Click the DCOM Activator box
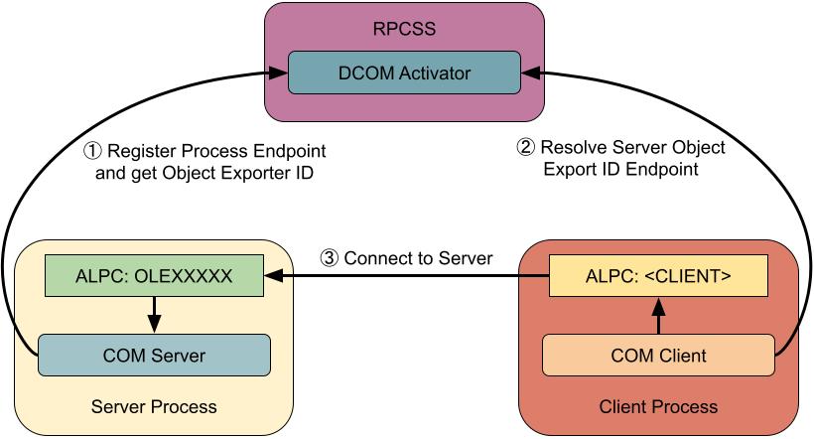[x=404, y=73]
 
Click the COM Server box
[x=154, y=355]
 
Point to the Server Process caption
[x=154, y=407]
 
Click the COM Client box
[x=660, y=355]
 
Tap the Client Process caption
[x=659, y=407]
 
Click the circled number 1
[x=91, y=152]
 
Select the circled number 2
[x=526, y=148]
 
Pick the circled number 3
[x=330, y=258]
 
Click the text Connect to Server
[x=418, y=258]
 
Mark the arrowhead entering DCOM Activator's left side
[x=280, y=73]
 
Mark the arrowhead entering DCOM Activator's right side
[x=529, y=73]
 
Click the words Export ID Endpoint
[x=621, y=170]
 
